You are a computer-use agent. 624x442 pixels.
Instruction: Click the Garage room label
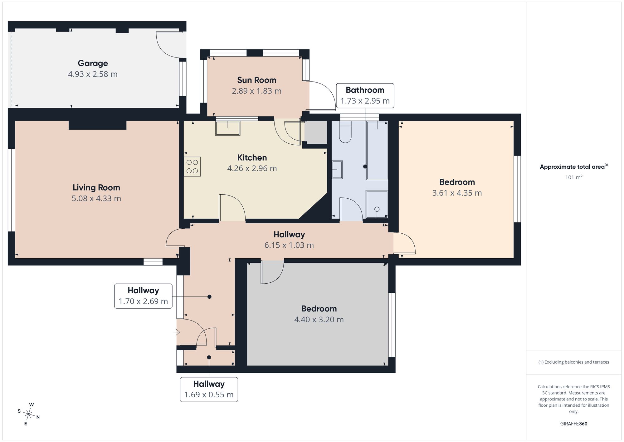tap(93, 63)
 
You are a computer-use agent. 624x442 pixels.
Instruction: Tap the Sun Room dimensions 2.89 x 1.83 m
tap(256, 91)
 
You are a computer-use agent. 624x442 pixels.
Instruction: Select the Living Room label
tap(96, 187)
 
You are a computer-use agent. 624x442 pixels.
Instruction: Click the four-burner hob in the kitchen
tap(192, 166)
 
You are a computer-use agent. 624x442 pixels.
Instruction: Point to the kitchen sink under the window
tap(228, 128)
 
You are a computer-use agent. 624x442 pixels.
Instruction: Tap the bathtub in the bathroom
tap(377, 150)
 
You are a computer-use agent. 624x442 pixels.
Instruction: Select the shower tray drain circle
tap(377, 209)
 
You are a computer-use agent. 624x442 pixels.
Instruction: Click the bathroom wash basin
tap(337, 170)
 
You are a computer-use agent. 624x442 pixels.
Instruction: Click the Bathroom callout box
tap(365, 96)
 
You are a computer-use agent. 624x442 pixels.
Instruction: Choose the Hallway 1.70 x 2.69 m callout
tap(143, 296)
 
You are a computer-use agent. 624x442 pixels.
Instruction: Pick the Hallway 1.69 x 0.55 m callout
tap(209, 389)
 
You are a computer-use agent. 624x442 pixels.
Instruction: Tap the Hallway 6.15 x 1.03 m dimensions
tap(289, 245)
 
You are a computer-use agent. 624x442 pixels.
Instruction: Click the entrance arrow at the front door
tap(176, 332)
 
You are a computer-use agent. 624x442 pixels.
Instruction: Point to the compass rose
tap(29, 414)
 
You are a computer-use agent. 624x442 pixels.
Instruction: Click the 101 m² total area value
tap(574, 177)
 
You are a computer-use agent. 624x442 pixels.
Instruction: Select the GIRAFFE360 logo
tap(574, 424)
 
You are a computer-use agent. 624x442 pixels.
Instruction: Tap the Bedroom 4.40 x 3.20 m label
tap(319, 314)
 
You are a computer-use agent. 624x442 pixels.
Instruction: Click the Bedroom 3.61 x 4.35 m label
tap(457, 187)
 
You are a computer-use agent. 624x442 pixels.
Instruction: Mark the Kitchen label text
tap(252, 157)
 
